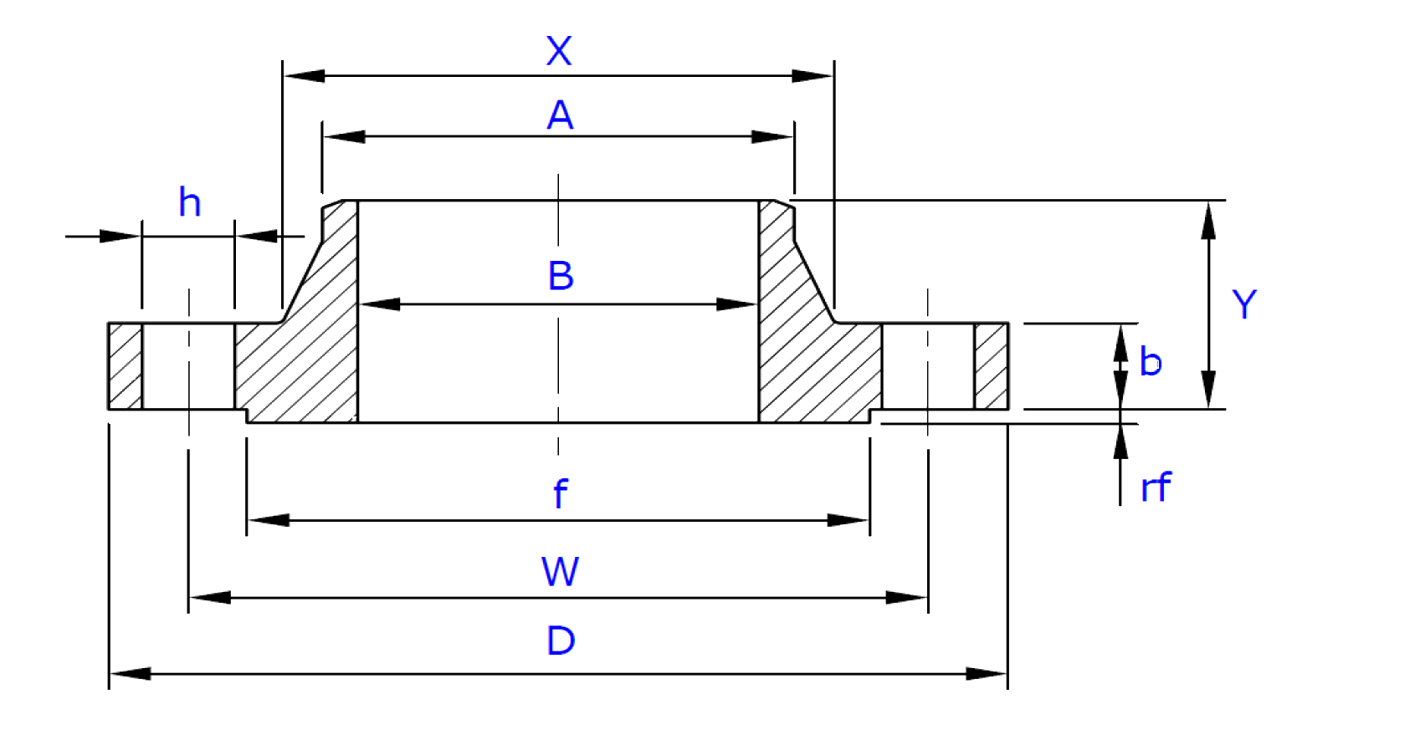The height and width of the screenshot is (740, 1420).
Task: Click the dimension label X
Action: (x=559, y=50)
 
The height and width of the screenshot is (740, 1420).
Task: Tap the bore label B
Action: (x=561, y=275)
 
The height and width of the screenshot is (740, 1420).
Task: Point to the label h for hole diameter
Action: (x=190, y=202)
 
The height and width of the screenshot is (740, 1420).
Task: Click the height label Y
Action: (x=1244, y=305)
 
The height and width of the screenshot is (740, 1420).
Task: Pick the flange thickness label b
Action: (x=1151, y=362)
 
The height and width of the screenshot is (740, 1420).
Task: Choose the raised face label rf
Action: (x=1156, y=486)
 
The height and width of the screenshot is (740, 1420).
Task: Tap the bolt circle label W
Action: (x=560, y=573)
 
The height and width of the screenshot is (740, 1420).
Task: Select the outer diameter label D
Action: (x=561, y=641)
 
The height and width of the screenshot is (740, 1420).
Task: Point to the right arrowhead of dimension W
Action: (x=908, y=598)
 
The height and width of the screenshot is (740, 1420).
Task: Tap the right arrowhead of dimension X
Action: (x=812, y=77)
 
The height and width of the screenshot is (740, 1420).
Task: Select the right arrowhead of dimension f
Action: (x=848, y=520)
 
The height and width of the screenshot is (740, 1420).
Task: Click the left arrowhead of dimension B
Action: (x=379, y=305)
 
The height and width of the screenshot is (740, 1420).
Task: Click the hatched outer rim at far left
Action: (x=125, y=366)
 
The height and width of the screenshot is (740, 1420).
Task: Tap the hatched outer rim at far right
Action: (x=992, y=366)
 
